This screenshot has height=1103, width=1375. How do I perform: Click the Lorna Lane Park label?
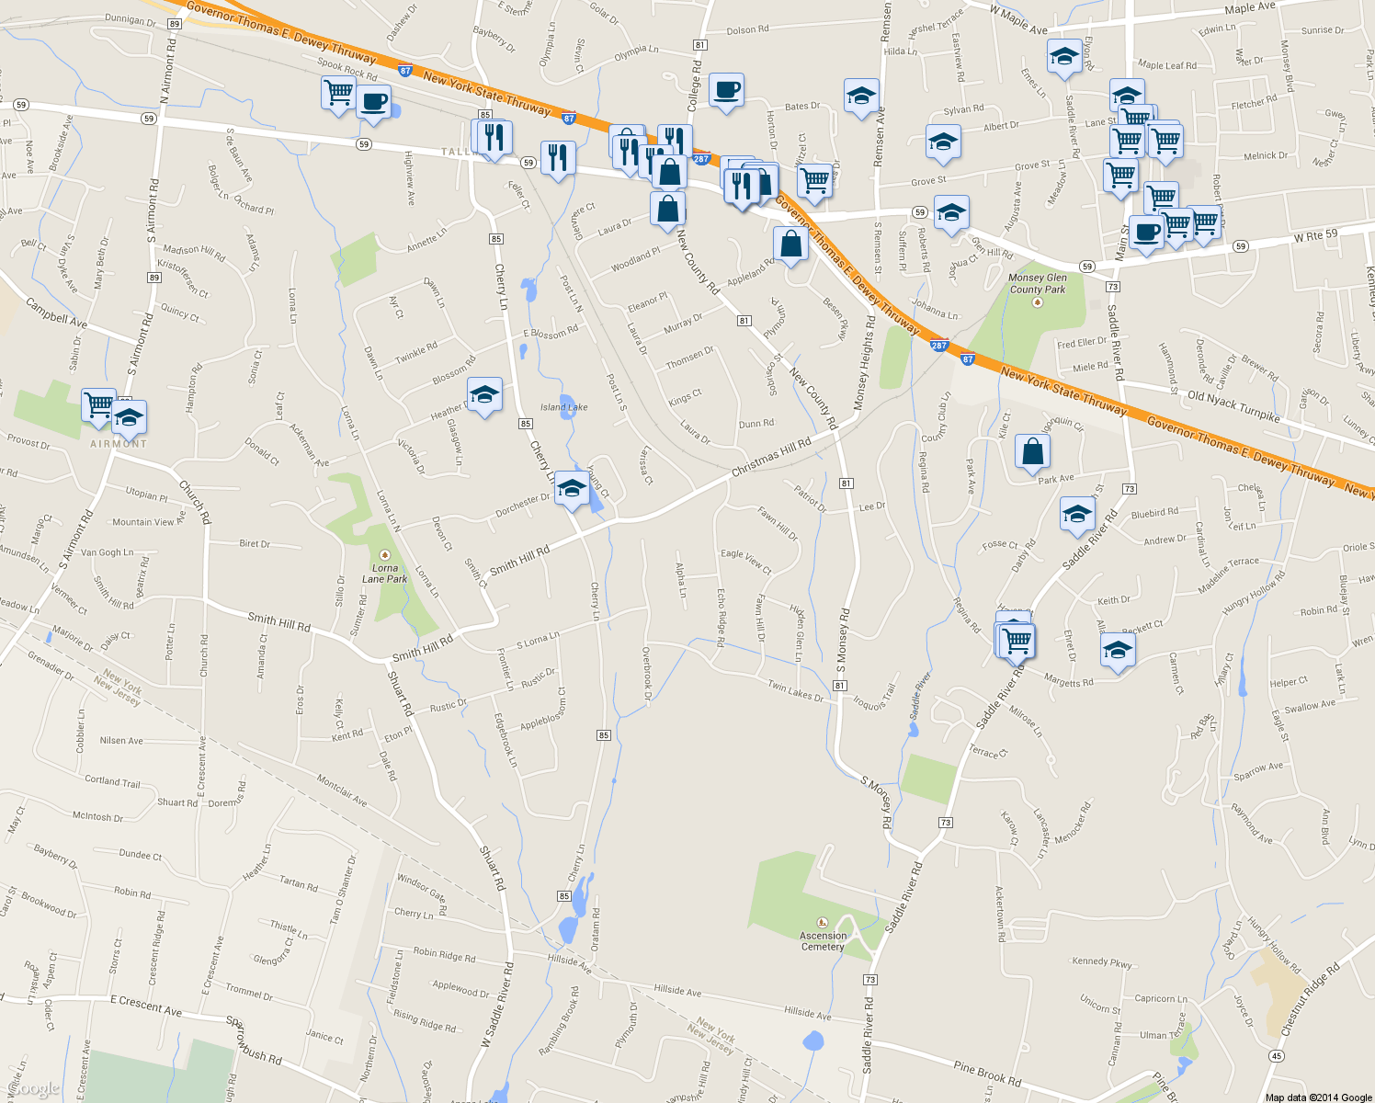[x=384, y=573]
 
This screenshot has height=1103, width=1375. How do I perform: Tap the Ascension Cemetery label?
[x=823, y=940]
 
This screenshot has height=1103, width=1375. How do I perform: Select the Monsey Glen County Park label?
[x=1038, y=283]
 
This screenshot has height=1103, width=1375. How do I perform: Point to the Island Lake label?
[x=563, y=407]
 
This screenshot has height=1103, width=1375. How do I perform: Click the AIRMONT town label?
[x=119, y=444]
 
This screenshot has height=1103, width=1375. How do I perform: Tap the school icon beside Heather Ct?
[x=484, y=395]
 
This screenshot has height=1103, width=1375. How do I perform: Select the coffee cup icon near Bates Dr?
[x=726, y=90]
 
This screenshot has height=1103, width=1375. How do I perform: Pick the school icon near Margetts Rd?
[x=1117, y=651]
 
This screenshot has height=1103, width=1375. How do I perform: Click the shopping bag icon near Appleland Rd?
[x=791, y=244]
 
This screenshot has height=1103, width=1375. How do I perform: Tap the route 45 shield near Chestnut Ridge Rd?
[x=1276, y=1055]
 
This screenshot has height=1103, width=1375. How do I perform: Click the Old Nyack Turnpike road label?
[x=1233, y=406]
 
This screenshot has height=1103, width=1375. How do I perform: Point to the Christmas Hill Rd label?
[x=771, y=457]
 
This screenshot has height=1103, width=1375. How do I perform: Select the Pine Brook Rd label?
[x=987, y=1074]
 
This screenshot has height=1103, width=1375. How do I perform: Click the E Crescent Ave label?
[x=146, y=1005]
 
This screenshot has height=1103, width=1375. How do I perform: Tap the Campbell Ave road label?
[x=56, y=313]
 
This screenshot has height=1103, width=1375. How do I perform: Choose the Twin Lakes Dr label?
[x=796, y=691]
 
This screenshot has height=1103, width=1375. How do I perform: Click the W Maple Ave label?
[x=1018, y=20]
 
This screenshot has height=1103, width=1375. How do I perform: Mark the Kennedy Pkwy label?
[x=1102, y=962]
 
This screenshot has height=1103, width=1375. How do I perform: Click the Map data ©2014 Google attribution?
[x=1318, y=1097]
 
